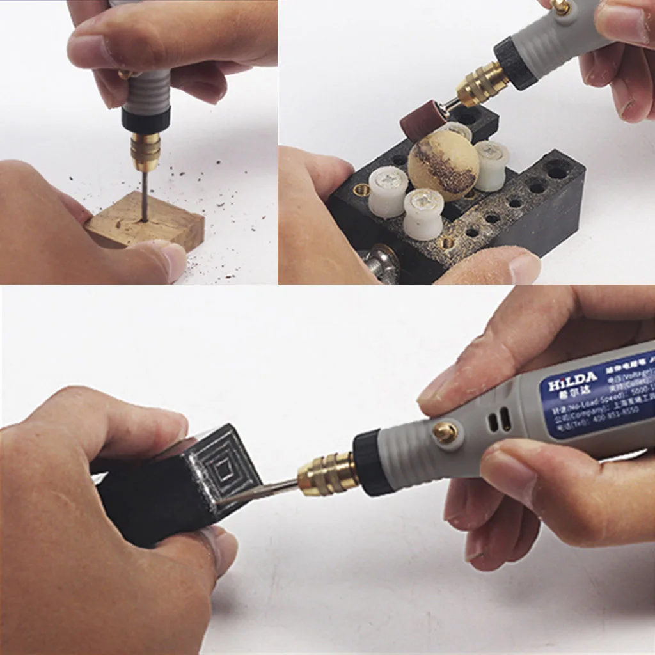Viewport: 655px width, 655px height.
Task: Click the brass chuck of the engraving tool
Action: pos(328,473)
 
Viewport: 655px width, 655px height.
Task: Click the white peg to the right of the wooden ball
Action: pos(492,165)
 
